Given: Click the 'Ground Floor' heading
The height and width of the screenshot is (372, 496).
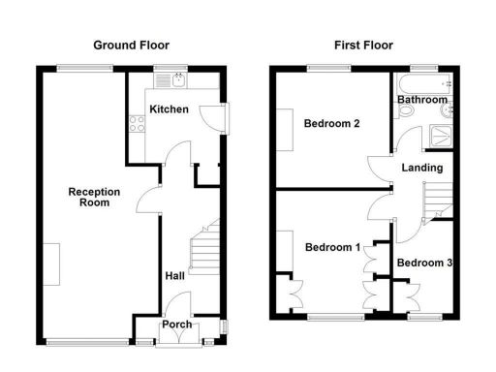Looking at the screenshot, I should tap(131, 45).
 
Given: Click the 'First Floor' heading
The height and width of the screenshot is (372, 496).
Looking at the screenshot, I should tap(363, 45).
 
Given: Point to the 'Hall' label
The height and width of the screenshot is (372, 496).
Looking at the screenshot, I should tap(174, 276).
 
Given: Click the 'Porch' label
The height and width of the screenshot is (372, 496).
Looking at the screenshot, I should tap(176, 325).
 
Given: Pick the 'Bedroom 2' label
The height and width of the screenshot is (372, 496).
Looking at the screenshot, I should tap(332, 124).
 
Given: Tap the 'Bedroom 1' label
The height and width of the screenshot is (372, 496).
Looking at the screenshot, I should tap(332, 247).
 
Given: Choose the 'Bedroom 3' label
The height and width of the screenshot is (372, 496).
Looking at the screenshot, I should tap(424, 263).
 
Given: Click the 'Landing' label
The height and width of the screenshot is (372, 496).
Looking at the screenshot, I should tap(423, 168).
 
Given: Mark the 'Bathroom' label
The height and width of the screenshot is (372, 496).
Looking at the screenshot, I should tap(422, 100).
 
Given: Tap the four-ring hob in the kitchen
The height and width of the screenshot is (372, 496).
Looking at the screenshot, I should tap(137, 123).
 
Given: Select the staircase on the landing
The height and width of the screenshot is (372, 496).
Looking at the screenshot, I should tap(442, 200).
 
